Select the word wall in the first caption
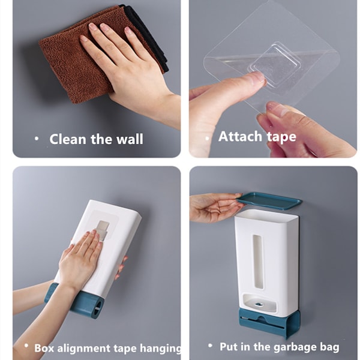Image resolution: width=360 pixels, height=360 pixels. tap(130, 139)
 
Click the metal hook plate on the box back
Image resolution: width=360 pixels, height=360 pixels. tap(103, 230)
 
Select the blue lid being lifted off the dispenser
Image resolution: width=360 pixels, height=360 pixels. tap(269, 201)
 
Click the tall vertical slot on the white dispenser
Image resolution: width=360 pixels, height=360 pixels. tap(258, 261)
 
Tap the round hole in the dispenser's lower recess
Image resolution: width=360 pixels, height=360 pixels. tap(259, 304)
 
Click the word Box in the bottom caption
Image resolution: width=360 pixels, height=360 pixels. tap(44, 347)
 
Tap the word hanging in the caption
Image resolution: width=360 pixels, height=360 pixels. tap(160, 349)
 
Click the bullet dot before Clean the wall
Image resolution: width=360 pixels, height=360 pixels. tap(37, 139)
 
